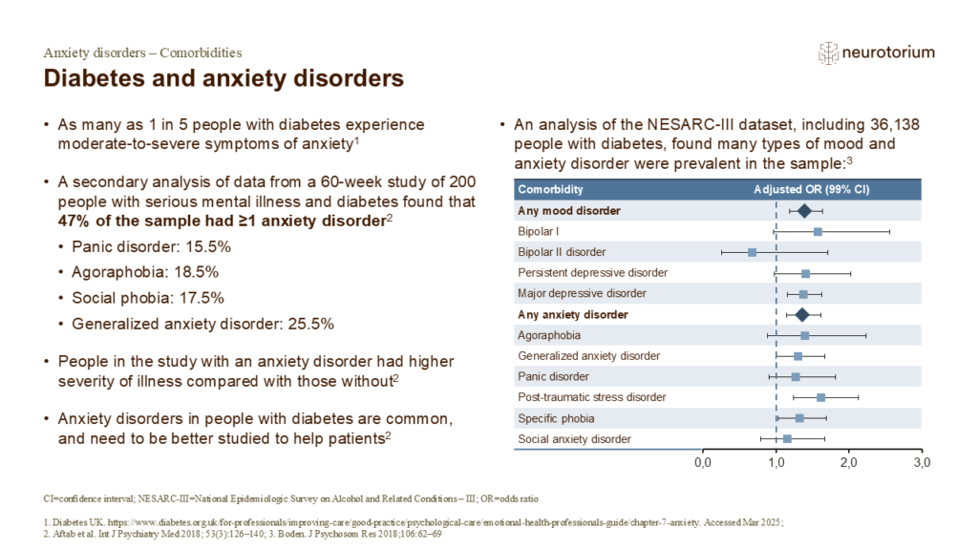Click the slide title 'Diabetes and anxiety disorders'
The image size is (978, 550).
click(x=224, y=76)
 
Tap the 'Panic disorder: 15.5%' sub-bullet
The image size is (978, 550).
click(x=152, y=245)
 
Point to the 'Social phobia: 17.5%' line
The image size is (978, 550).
click(x=155, y=298)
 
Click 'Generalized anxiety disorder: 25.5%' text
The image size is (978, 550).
click(x=202, y=324)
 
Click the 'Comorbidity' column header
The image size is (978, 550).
click(x=550, y=189)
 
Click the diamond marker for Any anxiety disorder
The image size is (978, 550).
click(x=802, y=314)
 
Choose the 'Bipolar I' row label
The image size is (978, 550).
click(x=539, y=231)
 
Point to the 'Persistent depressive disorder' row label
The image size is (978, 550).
click(x=592, y=273)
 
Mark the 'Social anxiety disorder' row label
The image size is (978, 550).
click(x=574, y=439)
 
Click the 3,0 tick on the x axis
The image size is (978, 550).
click(x=921, y=463)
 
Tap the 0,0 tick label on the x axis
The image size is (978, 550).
click(x=703, y=463)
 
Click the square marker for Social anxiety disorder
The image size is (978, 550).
click(x=787, y=439)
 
